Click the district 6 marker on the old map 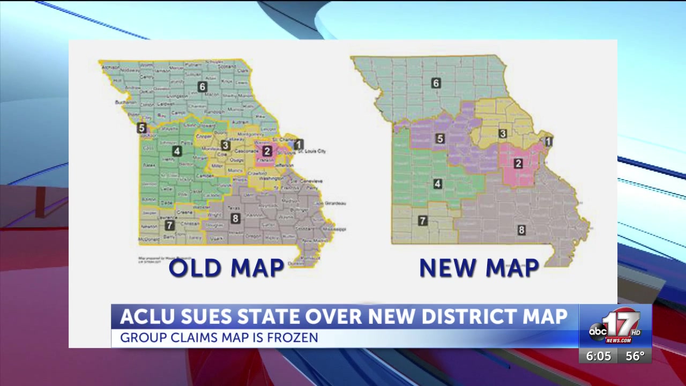tap(202, 87)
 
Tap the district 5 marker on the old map tap(141, 128)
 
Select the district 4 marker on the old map tap(177, 151)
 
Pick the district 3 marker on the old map tap(226, 145)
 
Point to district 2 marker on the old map tap(267, 151)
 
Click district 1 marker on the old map tap(299, 144)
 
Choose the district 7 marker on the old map tap(169, 226)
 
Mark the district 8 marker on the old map tap(235, 218)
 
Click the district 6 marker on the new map tap(436, 83)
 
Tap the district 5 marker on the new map tap(440, 139)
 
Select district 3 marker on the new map tap(503, 133)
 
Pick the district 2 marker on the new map tap(518, 164)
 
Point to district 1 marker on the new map tap(548, 142)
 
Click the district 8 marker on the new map tap(521, 231)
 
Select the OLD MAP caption tap(226, 268)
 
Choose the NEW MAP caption tap(479, 268)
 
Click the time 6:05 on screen tap(598, 357)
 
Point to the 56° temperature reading tap(635, 357)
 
